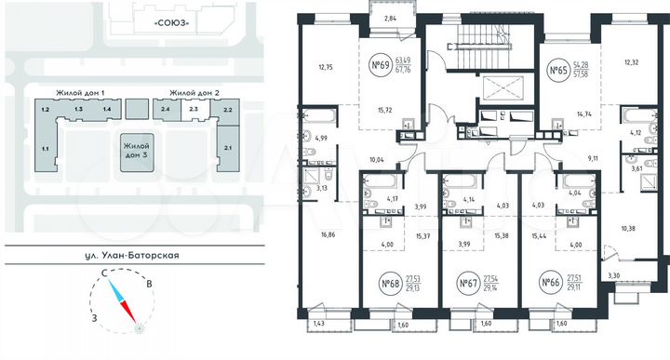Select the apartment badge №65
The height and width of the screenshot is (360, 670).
(558, 69)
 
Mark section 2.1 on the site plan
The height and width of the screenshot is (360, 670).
(228, 147)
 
